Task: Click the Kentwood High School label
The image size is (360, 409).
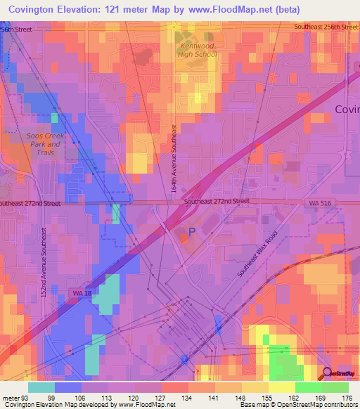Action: [x=197, y=49]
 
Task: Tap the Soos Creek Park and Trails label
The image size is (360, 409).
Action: [x=44, y=144]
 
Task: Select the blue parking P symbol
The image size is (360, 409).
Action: [x=191, y=232]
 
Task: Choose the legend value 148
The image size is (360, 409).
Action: [x=241, y=397]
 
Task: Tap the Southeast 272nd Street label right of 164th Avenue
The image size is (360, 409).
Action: [x=217, y=201]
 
